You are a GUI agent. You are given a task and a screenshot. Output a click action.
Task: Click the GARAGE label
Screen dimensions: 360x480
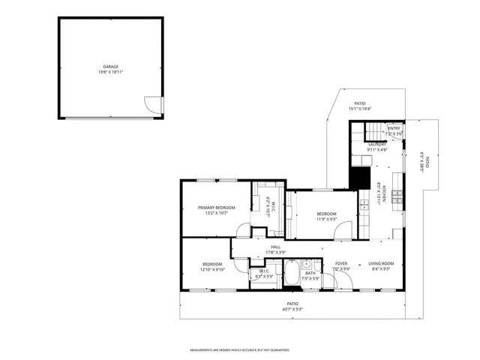(x=110, y=67)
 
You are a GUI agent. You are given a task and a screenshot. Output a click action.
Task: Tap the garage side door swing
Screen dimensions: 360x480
(x=153, y=106)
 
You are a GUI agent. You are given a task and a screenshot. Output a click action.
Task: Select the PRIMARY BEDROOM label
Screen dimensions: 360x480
(x=217, y=207)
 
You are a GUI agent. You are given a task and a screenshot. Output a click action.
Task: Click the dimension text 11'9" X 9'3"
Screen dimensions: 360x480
(x=325, y=220)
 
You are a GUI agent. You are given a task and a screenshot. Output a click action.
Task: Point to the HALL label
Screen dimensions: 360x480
(x=275, y=247)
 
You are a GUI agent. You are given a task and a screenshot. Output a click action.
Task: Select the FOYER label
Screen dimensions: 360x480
(x=340, y=263)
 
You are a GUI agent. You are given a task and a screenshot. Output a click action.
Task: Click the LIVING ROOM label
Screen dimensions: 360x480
(x=381, y=263)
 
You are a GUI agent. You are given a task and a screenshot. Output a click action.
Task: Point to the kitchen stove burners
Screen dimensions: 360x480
(x=395, y=198)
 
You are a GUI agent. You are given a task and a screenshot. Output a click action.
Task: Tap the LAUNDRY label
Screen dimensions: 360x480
(x=376, y=144)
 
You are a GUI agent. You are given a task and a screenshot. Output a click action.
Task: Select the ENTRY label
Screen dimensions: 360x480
(x=394, y=128)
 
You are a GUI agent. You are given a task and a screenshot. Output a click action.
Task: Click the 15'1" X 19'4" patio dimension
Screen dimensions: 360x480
(x=360, y=109)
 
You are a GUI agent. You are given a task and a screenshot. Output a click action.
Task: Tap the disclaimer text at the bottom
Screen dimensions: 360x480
(x=240, y=350)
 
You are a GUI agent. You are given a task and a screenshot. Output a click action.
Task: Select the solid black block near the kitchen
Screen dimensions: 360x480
(x=361, y=178)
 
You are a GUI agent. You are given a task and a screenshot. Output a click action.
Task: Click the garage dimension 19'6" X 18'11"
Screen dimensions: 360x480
(x=110, y=73)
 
